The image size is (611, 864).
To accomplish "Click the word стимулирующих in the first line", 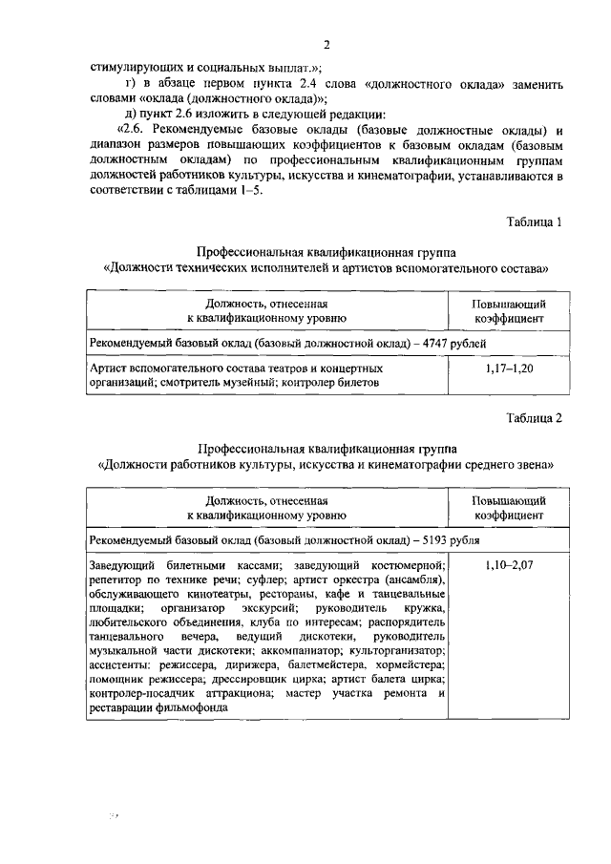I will point(131,67).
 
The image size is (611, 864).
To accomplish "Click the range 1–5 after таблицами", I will point(252,189).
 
